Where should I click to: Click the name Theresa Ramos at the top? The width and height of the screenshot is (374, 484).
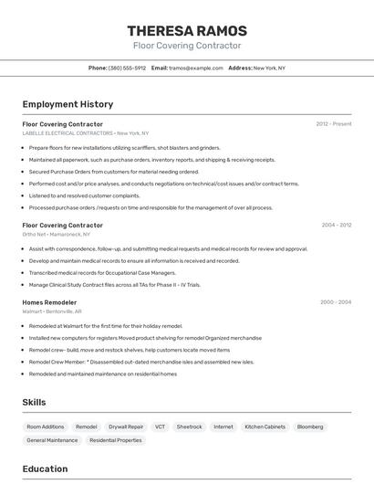click(x=187, y=31)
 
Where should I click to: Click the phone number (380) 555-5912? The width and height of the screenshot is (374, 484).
click(x=127, y=68)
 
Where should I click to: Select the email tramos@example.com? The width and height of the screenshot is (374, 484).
click(x=195, y=68)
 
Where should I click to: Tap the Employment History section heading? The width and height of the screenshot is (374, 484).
click(x=68, y=104)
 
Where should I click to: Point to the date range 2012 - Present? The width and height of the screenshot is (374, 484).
click(x=334, y=124)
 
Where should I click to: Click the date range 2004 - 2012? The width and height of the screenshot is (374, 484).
click(x=336, y=225)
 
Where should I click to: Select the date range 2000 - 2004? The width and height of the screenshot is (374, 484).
click(x=336, y=302)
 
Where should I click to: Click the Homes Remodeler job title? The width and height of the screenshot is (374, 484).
click(x=49, y=302)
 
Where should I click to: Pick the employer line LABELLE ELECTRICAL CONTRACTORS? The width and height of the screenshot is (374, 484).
click(x=85, y=133)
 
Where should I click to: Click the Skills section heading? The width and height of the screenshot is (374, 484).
click(x=34, y=402)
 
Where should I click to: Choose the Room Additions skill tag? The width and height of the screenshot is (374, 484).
click(x=46, y=426)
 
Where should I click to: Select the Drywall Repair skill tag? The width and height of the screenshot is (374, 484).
click(x=126, y=426)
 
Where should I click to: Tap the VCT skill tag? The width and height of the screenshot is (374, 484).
click(x=160, y=426)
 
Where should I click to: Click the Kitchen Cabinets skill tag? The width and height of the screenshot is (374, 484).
click(x=265, y=426)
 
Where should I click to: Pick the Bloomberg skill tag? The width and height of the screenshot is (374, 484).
click(x=310, y=426)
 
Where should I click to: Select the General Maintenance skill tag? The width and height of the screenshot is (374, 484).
click(x=52, y=440)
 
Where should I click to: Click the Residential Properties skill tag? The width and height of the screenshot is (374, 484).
click(x=116, y=440)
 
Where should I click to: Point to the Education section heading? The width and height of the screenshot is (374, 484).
click(x=45, y=469)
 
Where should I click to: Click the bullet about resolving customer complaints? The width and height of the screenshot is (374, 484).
click(x=84, y=195)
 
